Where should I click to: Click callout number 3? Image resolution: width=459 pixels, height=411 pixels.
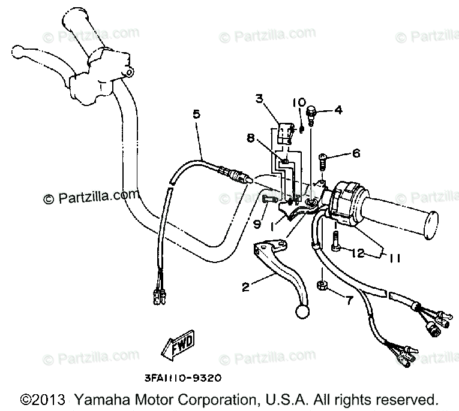click(259, 99)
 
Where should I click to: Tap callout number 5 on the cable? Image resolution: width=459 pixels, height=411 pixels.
click(196, 114)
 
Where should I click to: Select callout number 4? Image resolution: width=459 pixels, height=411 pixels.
click(355, 110)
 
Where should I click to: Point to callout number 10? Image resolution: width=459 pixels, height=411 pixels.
click(298, 102)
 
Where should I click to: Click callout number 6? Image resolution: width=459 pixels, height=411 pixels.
click(356, 153)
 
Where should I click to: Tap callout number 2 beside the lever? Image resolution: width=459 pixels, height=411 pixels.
click(245, 288)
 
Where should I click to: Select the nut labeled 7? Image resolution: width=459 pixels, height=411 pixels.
click(322, 285)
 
